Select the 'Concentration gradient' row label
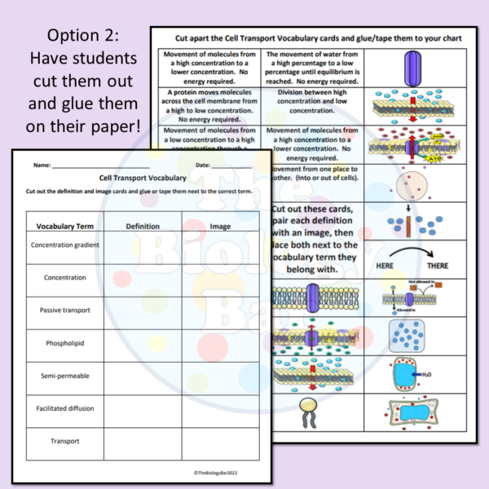tap(64, 244)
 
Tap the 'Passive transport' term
tap(64, 311)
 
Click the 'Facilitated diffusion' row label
tap(64, 408)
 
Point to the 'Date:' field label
tap(203, 165)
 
